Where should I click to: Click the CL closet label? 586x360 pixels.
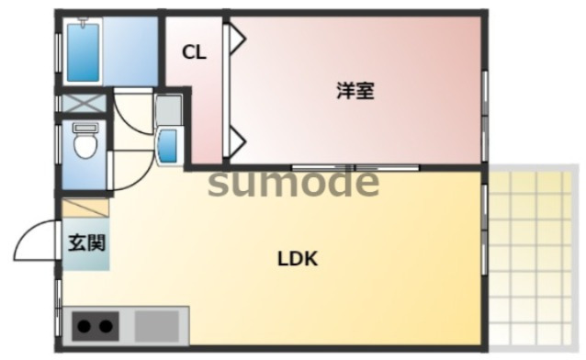point(194,52)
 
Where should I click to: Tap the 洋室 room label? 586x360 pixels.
point(355,91)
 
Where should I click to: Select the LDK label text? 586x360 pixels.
point(298,259)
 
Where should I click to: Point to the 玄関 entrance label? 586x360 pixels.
point(85,244)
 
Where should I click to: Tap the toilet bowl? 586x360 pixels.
point(85,146)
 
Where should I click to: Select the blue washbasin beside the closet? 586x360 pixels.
point(167,145)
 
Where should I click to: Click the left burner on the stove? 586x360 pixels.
point(85,326)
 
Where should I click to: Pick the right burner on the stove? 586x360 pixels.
point(105,326)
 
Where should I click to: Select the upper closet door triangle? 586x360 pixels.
point(236,39)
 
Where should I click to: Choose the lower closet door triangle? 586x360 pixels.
point(236,141)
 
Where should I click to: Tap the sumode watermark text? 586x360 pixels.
point(293,183)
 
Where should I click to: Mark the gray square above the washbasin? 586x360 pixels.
point(167,110)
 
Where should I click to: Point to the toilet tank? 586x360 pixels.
point(85,127)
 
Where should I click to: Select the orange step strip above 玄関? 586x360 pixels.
point(85,208)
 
